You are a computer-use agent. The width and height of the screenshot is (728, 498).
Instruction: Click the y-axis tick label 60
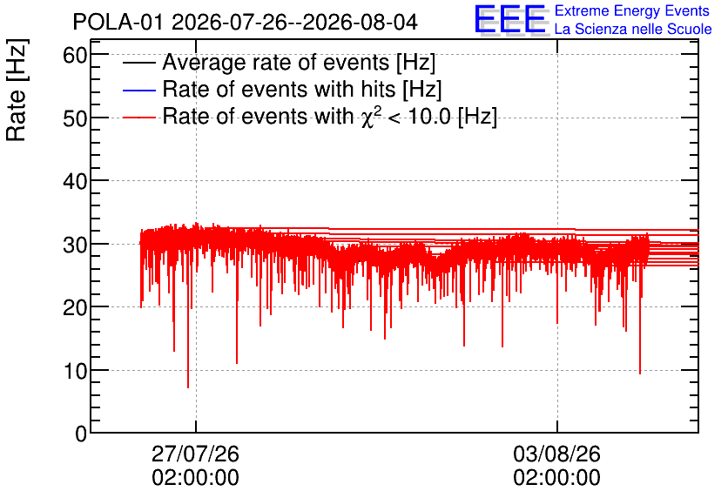[75, 57]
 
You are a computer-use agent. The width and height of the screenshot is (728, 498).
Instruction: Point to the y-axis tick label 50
[75, 119]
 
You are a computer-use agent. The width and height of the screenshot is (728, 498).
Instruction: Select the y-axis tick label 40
[75, 182]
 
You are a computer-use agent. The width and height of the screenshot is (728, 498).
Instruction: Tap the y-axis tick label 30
[75, 245]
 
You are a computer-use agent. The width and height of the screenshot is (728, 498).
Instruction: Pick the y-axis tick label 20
[75, 307]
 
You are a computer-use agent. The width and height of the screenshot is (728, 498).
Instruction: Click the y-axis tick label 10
[75, 371]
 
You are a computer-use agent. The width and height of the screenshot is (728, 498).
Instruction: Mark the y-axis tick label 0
[81, 434]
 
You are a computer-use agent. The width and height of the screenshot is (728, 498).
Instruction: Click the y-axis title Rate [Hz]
[17, 90]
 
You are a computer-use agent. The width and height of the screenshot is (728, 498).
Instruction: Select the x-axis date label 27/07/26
[195, 454]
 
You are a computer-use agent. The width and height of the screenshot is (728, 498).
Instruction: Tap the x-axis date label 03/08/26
[556, 454]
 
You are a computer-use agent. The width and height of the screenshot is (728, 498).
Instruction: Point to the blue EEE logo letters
[509, 19]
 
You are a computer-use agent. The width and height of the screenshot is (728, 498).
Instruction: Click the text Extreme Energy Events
[632, 10]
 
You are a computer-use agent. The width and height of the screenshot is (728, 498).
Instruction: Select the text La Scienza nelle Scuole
[633, 30]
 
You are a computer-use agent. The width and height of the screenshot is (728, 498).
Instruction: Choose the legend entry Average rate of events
[299, 63]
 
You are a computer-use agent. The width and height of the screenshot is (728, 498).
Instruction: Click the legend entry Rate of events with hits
[302, 89]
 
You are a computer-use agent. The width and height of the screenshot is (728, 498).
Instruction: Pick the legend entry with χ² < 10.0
[330, 116]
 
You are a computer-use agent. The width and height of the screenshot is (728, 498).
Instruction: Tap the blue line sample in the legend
[138, 90]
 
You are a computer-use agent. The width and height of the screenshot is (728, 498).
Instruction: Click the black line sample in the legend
[138, 63]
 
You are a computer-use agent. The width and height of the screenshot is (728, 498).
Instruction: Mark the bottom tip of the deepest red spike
[188, 387]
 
